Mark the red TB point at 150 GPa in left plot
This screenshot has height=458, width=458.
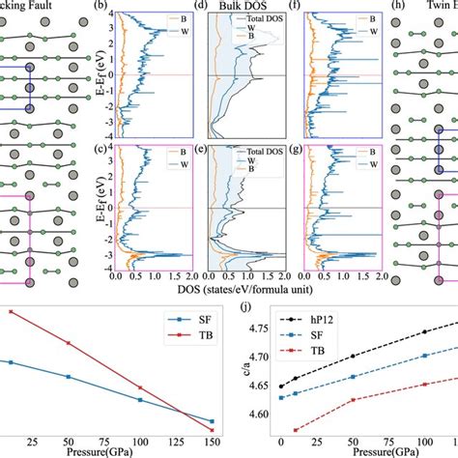pos(212,421)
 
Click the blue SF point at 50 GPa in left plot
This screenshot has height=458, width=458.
pos(69,377)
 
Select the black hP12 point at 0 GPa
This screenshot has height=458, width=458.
pos(281,386)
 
